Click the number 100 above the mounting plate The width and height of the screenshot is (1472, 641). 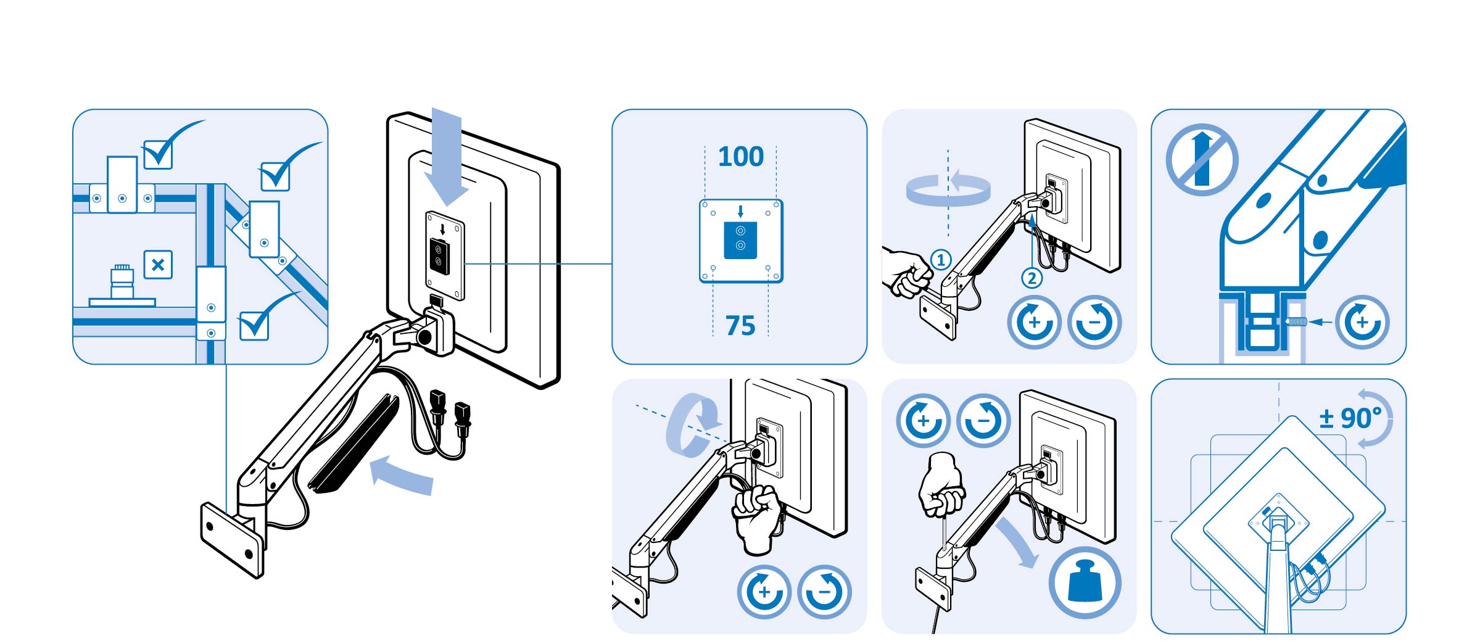coord(740,157)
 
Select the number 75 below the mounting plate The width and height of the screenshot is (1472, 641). coord(740,325)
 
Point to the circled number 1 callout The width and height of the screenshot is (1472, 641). coord(941,260)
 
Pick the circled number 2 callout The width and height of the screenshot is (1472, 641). coord(1032,278)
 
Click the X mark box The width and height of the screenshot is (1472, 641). coord(158,265)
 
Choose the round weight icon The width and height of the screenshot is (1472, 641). coord(1085,582)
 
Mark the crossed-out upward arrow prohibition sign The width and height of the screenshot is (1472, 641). coord(1202,160)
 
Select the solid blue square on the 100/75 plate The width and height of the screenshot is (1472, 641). coord(740,239)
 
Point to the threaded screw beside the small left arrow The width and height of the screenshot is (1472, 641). coord(1296,321)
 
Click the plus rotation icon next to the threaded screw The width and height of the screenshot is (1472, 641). coord(1362,322)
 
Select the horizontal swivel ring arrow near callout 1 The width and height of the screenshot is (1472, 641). coord(948,189)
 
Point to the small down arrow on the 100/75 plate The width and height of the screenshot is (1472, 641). coord(740,212)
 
